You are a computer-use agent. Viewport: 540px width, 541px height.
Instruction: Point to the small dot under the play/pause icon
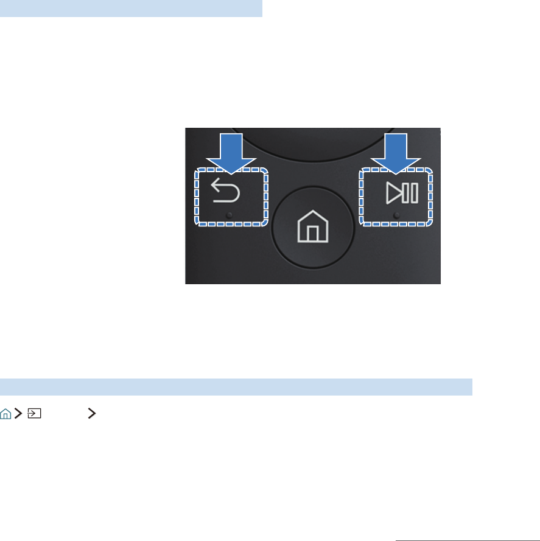coord(396,215)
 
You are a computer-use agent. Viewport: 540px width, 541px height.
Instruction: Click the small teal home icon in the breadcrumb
coord(5,414)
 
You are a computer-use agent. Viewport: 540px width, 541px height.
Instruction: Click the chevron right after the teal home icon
coord(18,414)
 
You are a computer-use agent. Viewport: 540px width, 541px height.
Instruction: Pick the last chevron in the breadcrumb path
coord(92,414)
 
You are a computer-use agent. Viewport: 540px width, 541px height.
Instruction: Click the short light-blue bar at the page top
coord(131,9)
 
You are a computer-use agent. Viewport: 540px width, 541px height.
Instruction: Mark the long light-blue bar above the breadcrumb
coord(236,386)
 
